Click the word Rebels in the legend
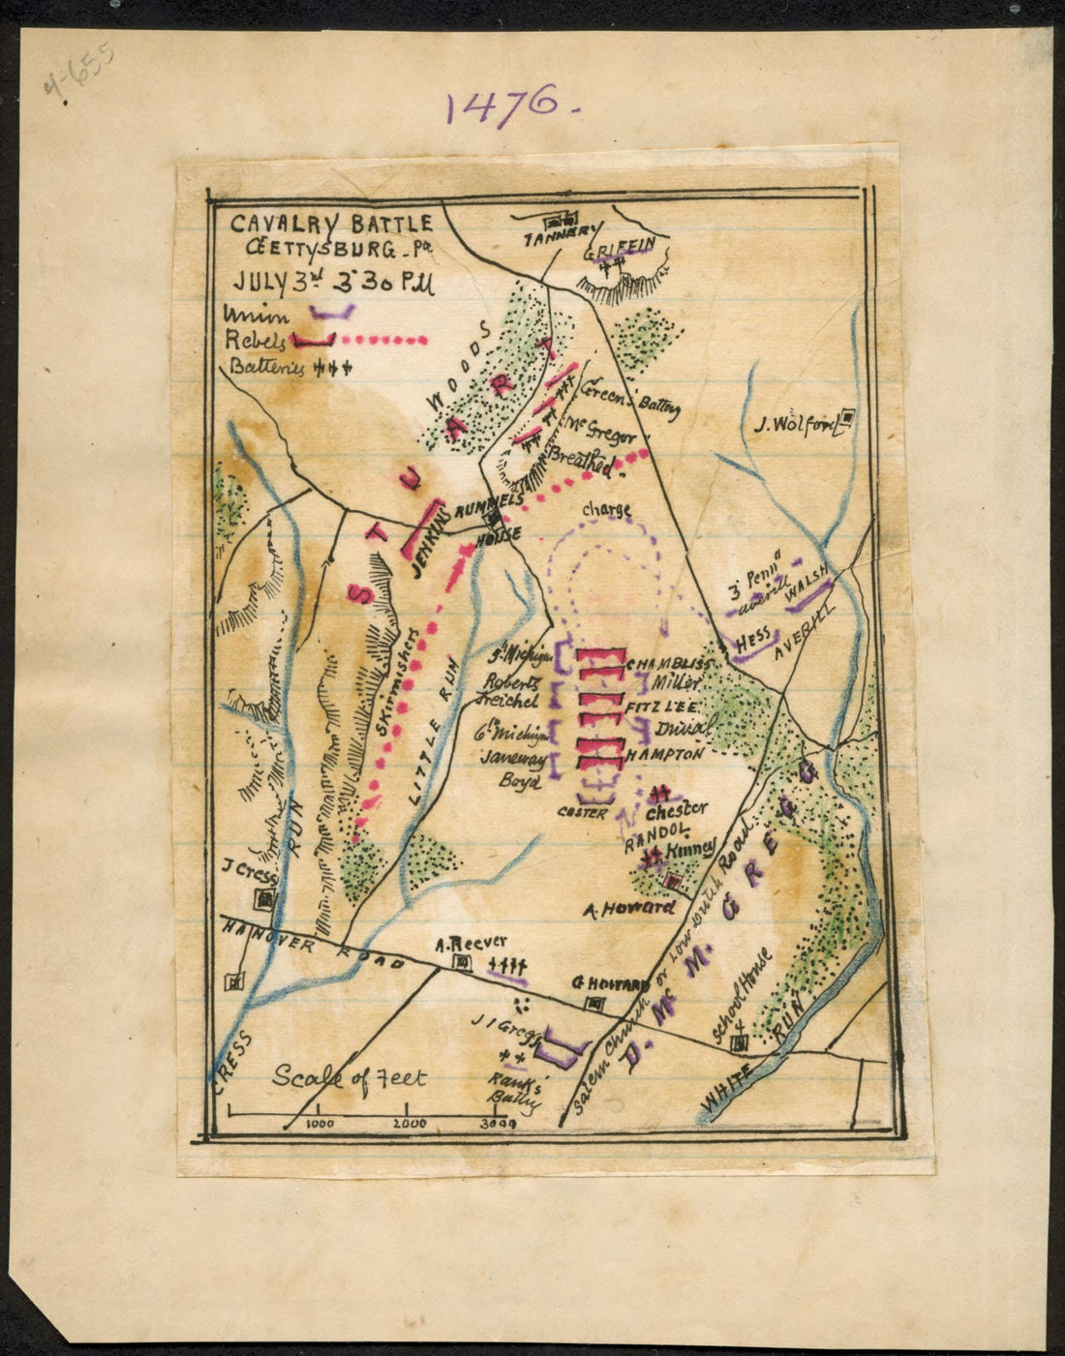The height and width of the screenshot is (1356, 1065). click(254, 341)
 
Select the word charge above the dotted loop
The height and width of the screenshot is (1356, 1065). click(607, 510)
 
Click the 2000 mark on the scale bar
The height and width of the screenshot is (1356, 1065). click(411, 1124)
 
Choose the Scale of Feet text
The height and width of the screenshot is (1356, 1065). click(349, 1076)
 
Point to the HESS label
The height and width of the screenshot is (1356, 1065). click(752, 642)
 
